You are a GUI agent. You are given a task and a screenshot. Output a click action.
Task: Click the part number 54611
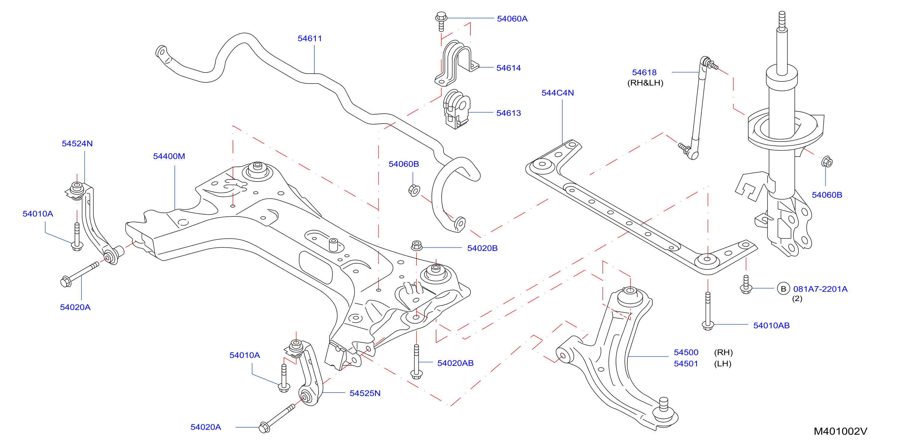click(309, 38)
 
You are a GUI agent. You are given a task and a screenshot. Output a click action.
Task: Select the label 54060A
click(512, 19)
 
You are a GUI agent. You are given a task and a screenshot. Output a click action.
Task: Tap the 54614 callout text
click(508, 68)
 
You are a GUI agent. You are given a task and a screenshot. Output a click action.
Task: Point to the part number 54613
click(508, 113)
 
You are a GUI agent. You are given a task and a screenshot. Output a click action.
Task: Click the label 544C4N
click(557, 93)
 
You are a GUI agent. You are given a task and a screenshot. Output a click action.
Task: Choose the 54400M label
click(169, 156)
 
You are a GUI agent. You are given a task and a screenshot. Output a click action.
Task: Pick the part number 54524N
click(77, 143)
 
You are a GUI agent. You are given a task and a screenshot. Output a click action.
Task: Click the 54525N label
click(365, 393)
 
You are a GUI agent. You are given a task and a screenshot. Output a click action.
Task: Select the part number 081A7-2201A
click(820, 289)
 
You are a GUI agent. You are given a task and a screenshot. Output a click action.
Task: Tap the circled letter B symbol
click(783, 289)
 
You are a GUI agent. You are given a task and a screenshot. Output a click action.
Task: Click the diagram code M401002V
click(840, 431)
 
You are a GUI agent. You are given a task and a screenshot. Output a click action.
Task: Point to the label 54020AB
click(455, 363)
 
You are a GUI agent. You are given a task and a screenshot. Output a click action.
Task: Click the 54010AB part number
click(771, 325)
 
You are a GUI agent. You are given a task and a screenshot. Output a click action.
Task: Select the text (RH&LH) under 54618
click(645, 83)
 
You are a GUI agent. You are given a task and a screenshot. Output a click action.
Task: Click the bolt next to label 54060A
click(441, 21)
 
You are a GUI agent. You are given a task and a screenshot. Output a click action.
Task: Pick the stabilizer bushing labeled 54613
click(457, 109)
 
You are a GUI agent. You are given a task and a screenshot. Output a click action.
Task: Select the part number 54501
click(686, 363)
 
